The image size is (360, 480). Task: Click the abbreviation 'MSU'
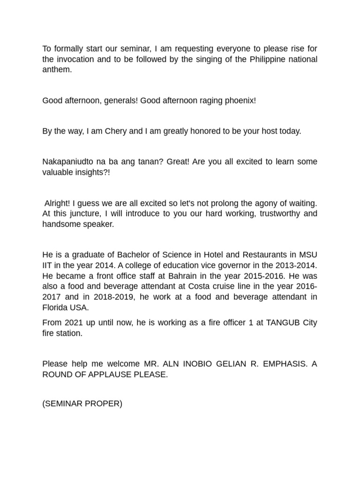click(307, 255)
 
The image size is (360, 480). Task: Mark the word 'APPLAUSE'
click(112, 374)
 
